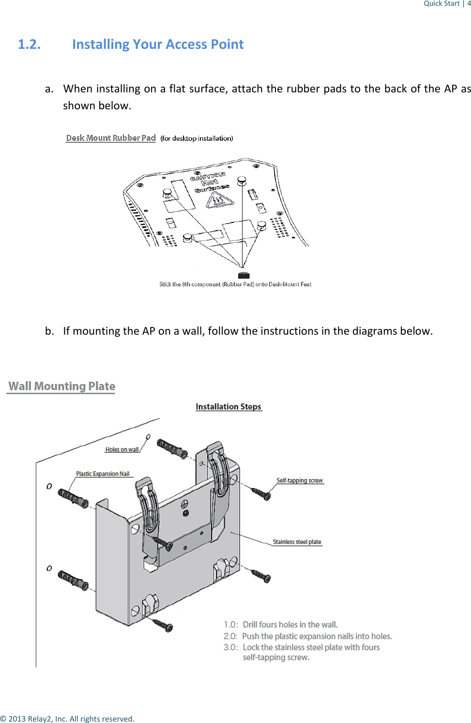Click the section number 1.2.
tap(29, 44)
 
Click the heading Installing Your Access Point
tap(158, 44)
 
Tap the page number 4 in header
tap(469, 3)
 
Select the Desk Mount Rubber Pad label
tap(110, 138)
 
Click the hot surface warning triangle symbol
tap(220, 200)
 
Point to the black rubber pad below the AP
tap(244, 275)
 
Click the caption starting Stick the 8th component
tap(235, 284)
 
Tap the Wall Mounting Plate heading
tap(61, 386)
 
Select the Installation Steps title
tap(228, 407)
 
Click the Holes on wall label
tap(122, 449)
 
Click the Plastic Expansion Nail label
tap(103, 474)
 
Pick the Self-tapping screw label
tap(299, 480)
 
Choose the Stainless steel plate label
tap(297, 542)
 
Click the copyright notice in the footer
tap(67, 719)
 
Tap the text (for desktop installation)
tap(197, 138)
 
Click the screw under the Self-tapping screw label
tap(261, 494)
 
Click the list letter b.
tap(49, 331)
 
